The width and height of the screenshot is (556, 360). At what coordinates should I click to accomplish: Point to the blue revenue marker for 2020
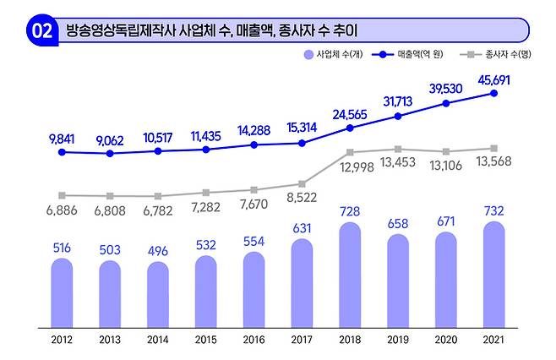tap(445, 103)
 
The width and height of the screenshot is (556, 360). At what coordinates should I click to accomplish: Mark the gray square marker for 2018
tap(349, 152)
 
